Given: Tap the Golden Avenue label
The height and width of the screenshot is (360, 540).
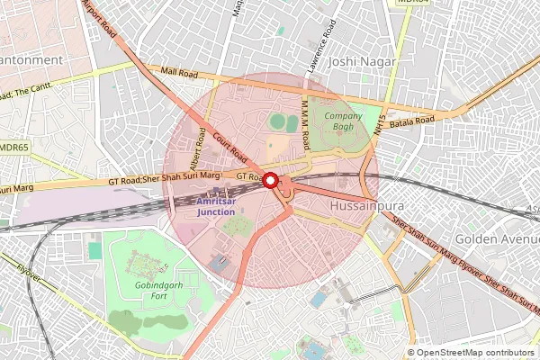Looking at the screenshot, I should [496, 239].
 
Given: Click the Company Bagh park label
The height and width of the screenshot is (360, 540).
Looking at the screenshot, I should [343, 121].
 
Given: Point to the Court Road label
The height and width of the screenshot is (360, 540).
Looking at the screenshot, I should [232, 146].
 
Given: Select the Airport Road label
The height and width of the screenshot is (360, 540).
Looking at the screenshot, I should [98, 18].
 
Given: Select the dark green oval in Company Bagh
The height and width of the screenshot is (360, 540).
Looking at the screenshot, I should [280, 121].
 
